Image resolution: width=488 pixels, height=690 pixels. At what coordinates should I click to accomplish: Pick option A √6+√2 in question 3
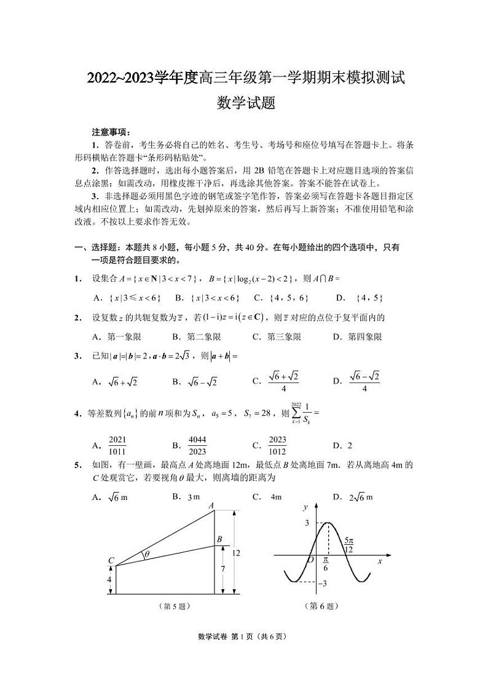coord(115,382)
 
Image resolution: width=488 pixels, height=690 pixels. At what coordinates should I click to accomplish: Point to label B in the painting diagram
coord(219,539)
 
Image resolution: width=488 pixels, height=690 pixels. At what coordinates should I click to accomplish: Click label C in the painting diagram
coord(111,560)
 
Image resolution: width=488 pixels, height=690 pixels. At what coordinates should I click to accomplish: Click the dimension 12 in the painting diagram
coord(236,553)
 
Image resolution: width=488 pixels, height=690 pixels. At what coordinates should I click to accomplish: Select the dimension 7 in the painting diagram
coord(223,569)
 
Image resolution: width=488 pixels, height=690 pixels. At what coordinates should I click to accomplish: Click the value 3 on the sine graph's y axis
coord(305,523)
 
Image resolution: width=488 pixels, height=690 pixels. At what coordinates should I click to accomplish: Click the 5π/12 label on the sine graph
coord(348,545)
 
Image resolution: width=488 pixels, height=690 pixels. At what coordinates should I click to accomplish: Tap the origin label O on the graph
coord(310,560)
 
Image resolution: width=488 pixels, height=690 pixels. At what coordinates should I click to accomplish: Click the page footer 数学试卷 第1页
coord(243,636)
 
